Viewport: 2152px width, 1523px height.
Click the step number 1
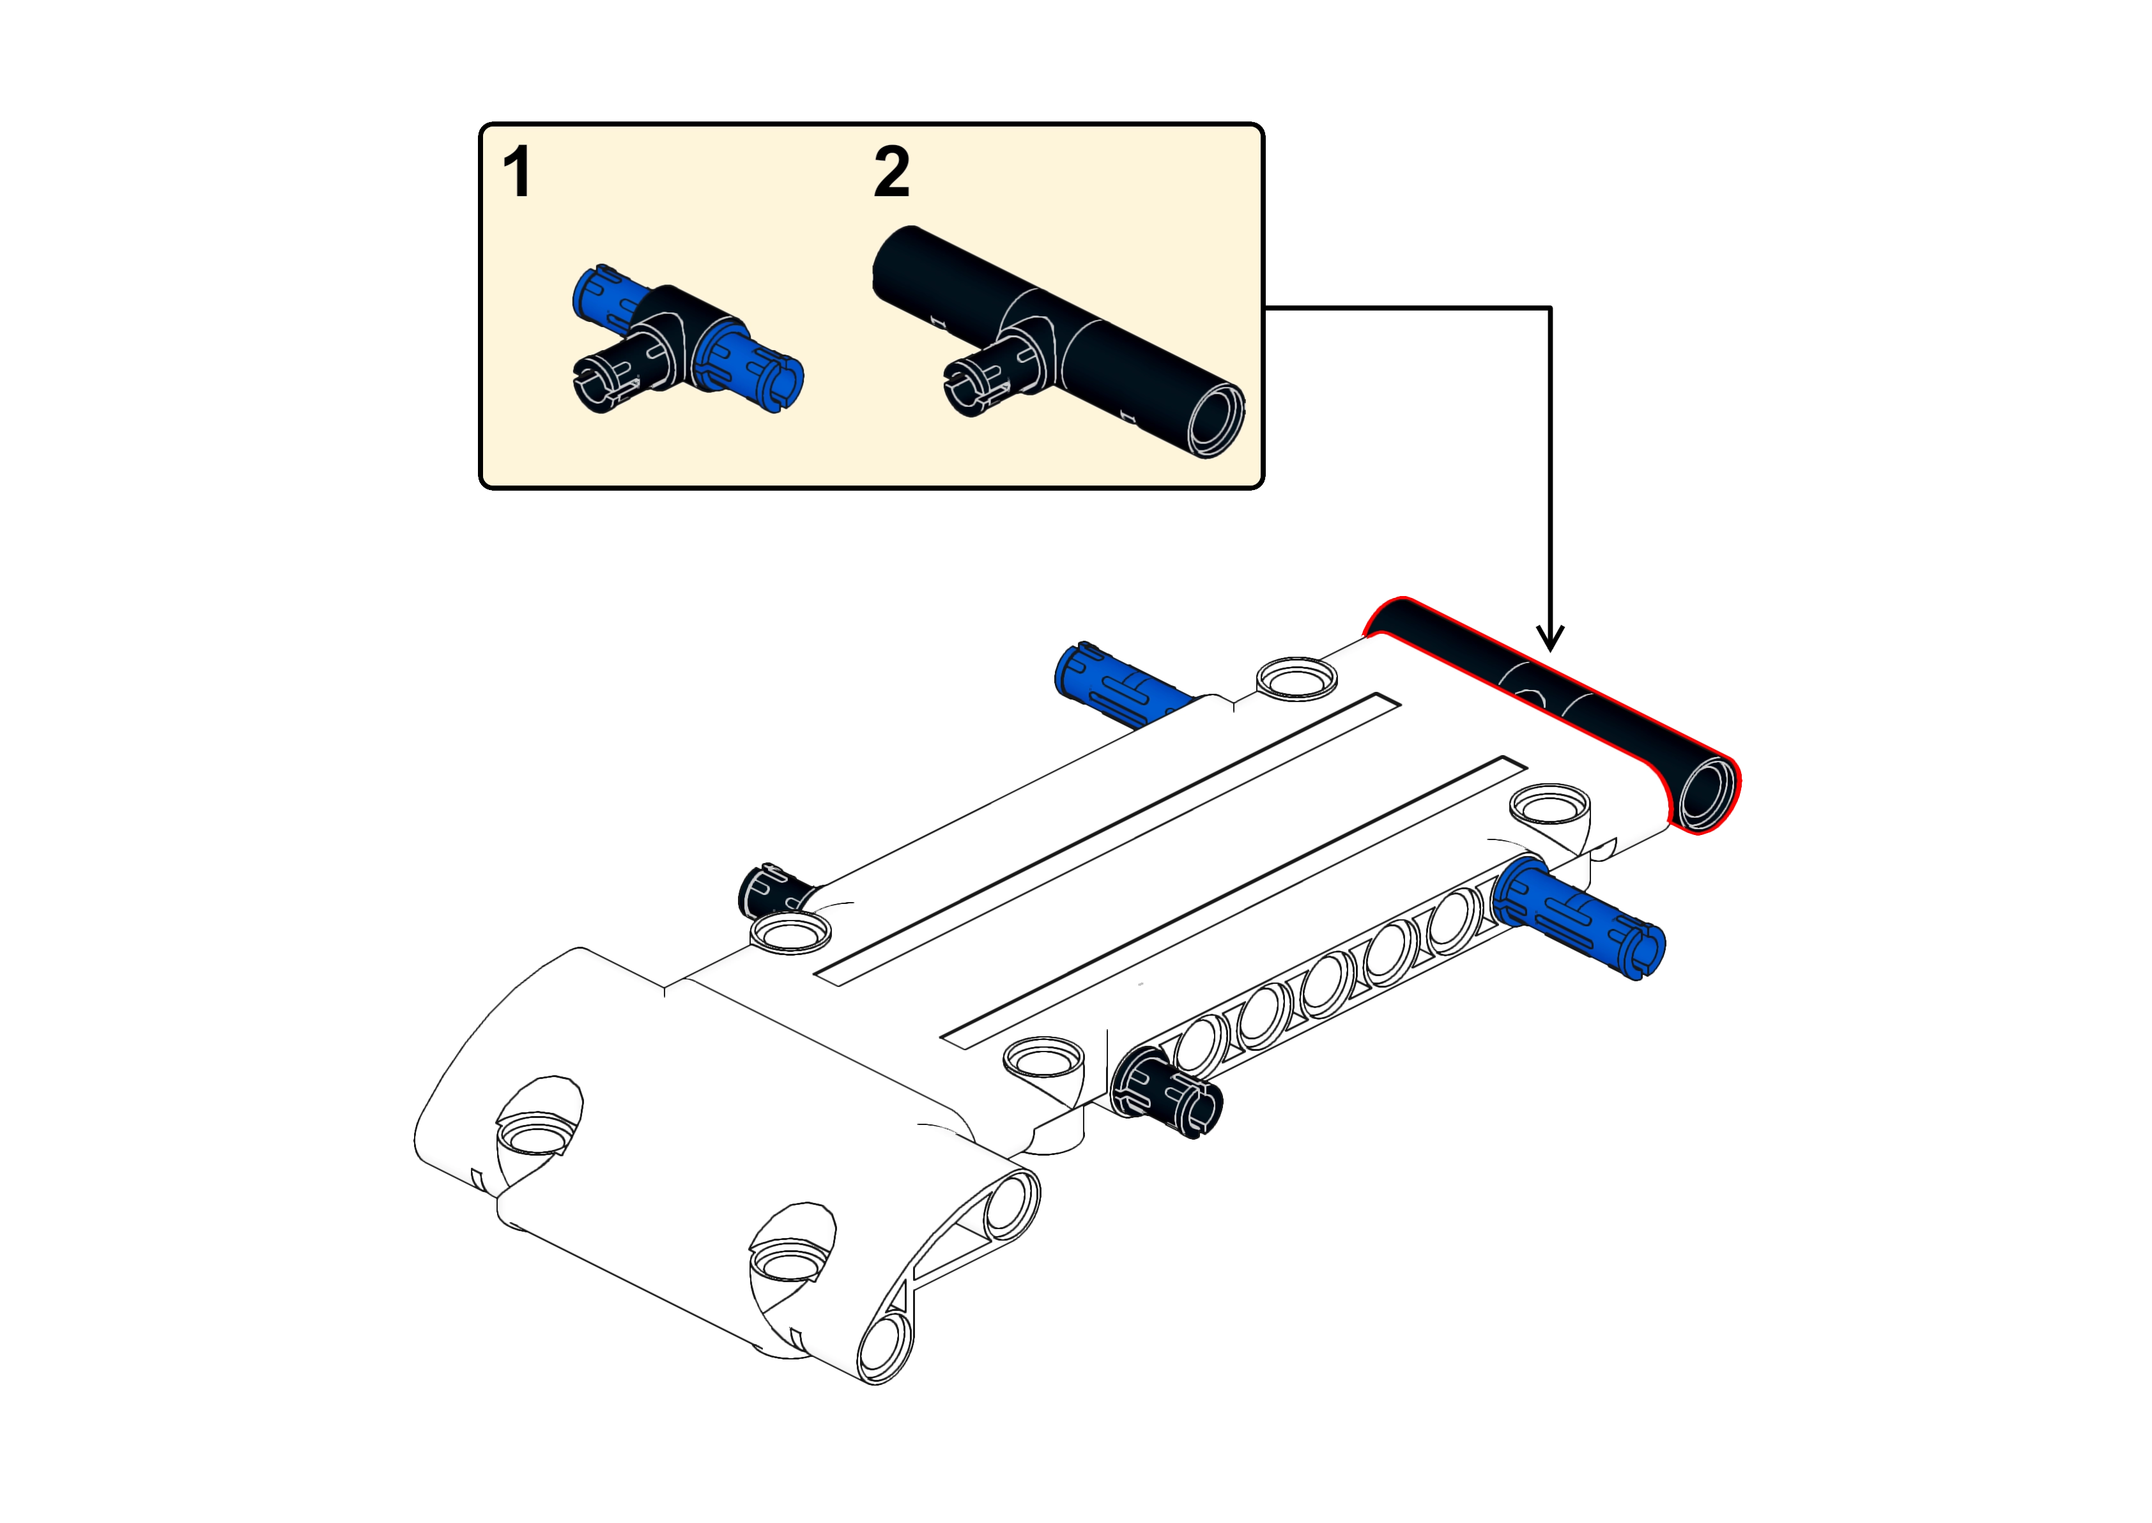(x=518, y=172)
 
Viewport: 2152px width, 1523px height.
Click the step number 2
(x=892, y=172)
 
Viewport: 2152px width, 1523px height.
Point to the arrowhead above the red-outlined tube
(x=1551, y=637)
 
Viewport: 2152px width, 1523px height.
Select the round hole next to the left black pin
(x=790, y=933)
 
